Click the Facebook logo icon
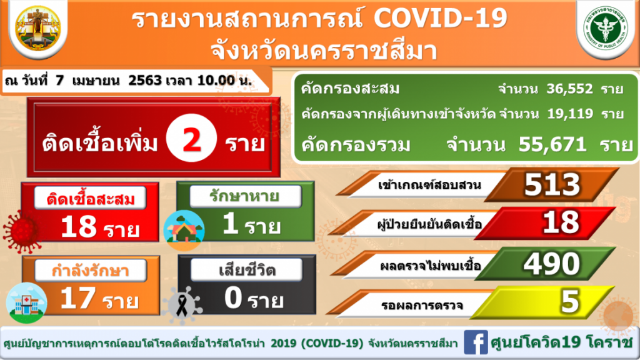click(476, 342)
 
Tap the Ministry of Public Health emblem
click(606, 29)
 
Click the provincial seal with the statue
click(38, 27)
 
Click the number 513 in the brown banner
click(552, 184)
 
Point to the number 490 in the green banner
click(551, 264)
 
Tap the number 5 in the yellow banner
click(570, 301)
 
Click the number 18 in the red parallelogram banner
click(561, 222)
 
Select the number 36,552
click(569, 89)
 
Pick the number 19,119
click(570, 114)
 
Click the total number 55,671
click(552, 144)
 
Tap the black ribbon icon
click(182, 304)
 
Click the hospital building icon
click(26, 303)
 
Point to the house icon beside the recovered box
click(184, 231)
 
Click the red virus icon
click(22, 231)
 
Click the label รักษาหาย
click(244, 196)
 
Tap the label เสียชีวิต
click(247, 270)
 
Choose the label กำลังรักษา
click(90, 270)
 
